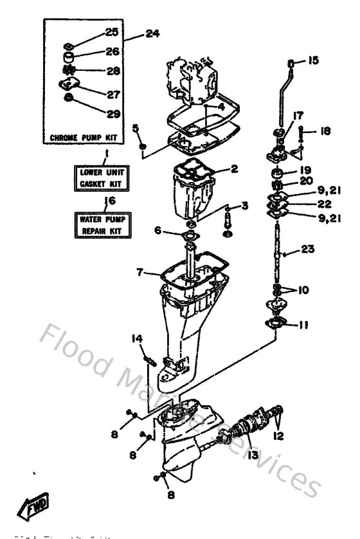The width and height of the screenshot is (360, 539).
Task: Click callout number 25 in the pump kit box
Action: point(112,32)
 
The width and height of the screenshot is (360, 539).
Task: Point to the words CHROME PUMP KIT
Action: point(83,138)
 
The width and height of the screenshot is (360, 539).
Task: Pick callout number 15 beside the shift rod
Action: point(312,61)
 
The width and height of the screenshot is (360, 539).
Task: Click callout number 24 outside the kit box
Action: point(152,33)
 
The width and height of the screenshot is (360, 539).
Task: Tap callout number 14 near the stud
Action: point(137,339)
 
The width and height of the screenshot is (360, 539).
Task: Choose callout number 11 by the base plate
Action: point(303,325)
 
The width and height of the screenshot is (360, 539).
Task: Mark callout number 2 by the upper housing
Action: point(234,169)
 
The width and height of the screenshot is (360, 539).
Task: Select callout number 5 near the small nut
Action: point(136,127)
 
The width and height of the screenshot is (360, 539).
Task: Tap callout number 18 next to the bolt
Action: point(325,131)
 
